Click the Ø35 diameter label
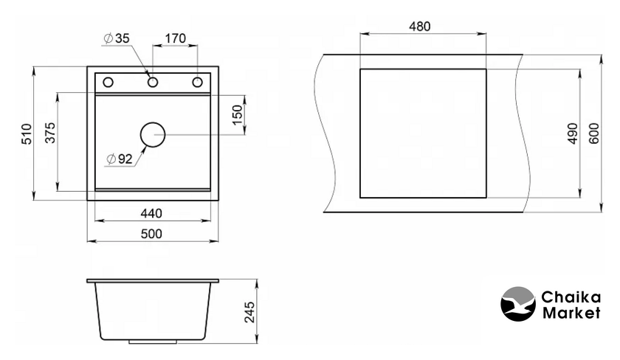tap(117, 38)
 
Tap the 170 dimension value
tap(175, 38)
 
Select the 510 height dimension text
tap(27, 134)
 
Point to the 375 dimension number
tap(50, 133)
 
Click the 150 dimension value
tap(237, 115)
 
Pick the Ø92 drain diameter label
tap(120, 159)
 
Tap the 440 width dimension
tap(151, 213)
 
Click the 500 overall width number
tap(151, 234)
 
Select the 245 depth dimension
tap(249, 312)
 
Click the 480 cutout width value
tap(419, 27)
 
